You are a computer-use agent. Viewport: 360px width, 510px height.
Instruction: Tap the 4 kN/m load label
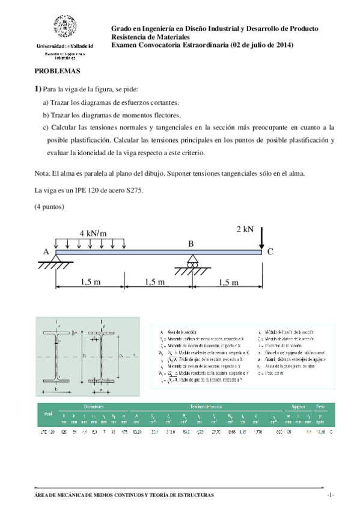(92, 233)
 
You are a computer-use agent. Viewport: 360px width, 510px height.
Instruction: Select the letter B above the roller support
(191, 244)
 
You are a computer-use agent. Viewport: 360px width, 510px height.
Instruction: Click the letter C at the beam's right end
(270, 253)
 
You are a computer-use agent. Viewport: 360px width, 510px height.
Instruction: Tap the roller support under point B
(192, 263)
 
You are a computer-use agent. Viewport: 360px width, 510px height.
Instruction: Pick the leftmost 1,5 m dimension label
(91, 281)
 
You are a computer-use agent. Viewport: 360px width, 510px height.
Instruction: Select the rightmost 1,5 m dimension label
(228, 282)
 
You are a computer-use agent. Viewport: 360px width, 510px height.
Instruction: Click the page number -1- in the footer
(330, 494)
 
